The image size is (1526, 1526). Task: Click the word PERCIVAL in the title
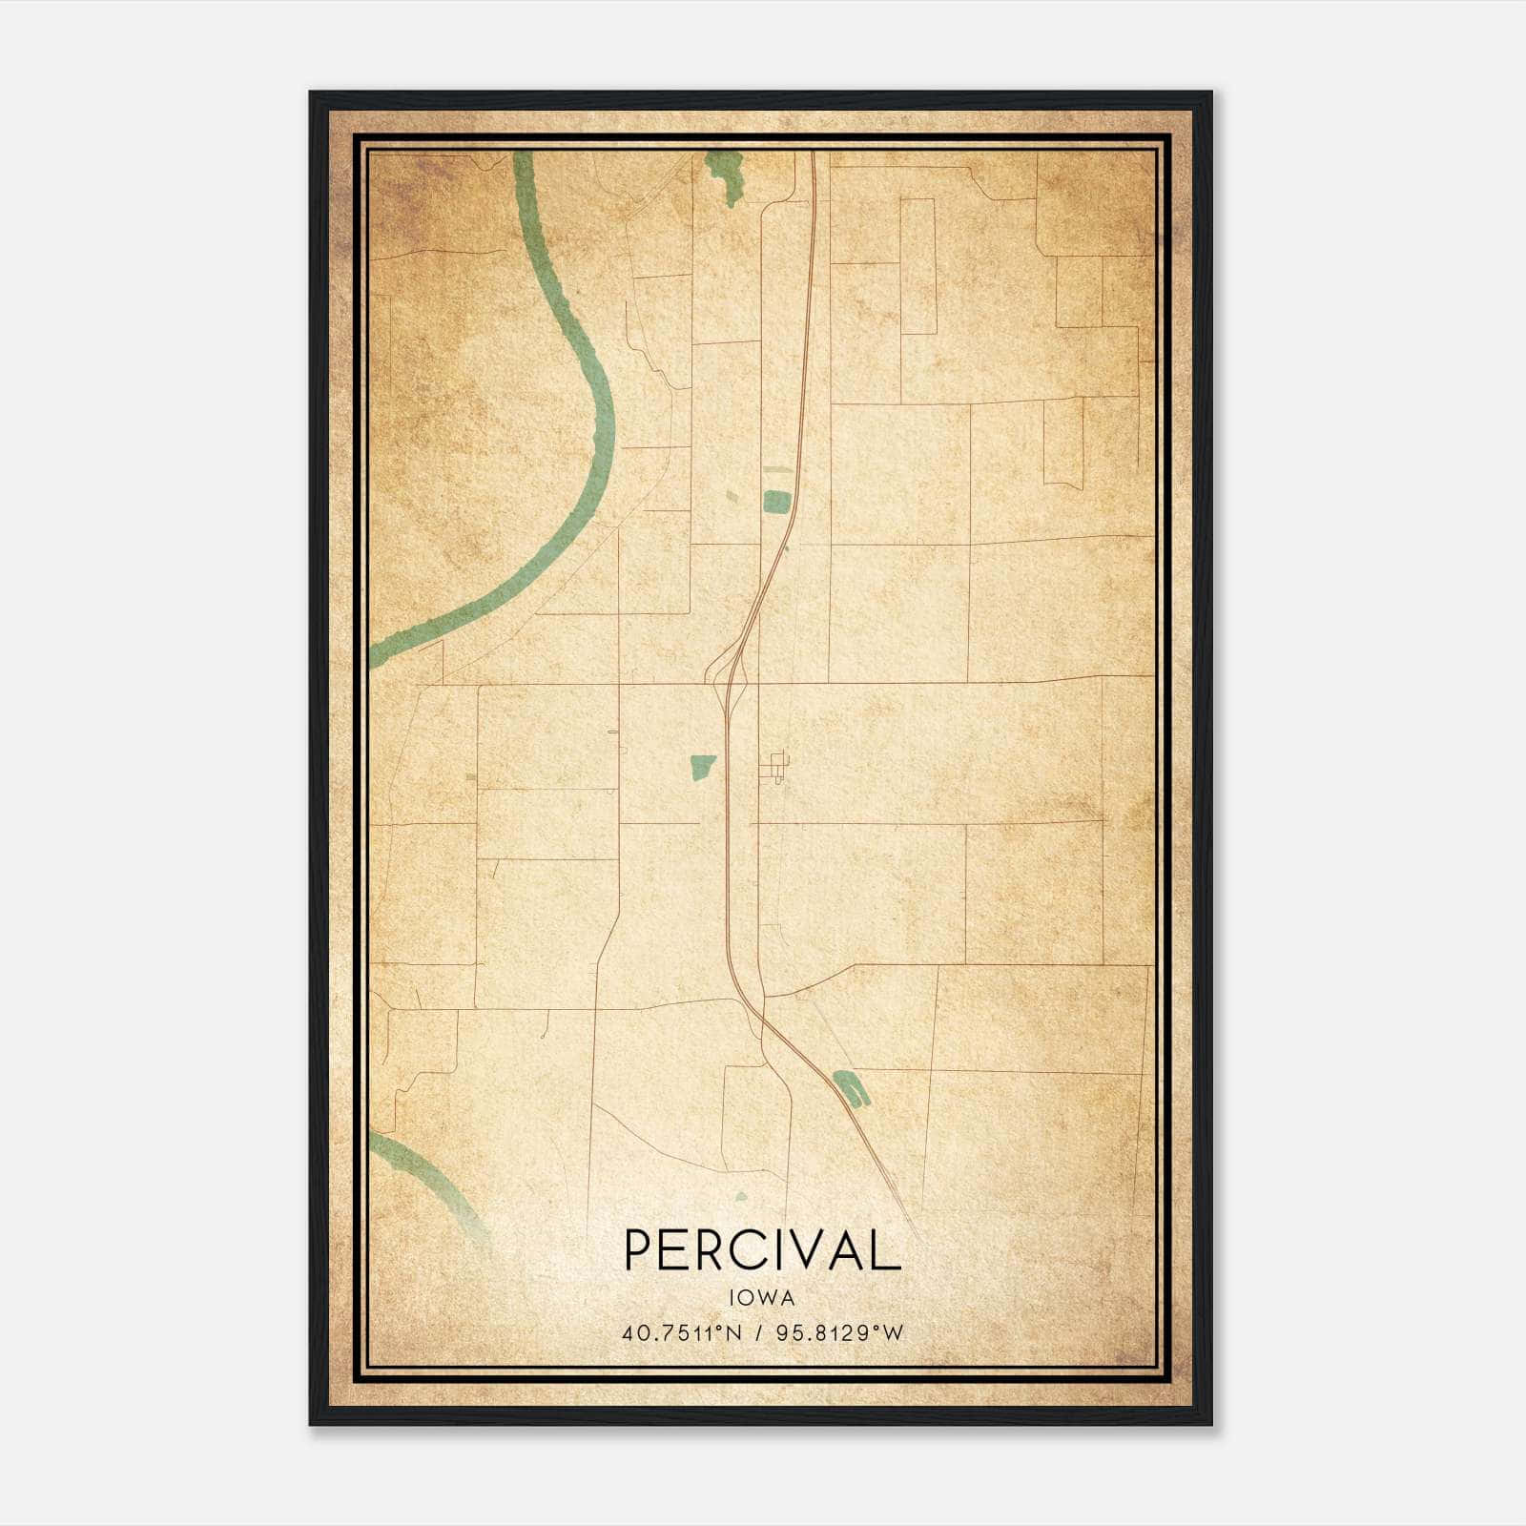click(x=762, y=1249)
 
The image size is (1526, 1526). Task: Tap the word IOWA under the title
click(x=762, y=1298)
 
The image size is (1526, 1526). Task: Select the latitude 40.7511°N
click(x=681, y=1332)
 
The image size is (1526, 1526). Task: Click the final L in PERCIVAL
click(x=887, y=1249)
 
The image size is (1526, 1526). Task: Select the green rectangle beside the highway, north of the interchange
click(x=776, y=502)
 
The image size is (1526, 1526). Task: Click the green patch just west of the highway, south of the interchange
click(x=703, y=766)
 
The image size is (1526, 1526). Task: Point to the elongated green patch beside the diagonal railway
click(x=851, y=1088)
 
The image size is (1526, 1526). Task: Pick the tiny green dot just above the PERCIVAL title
click(x=742, y=1196)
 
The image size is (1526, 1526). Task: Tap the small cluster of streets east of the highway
click(x=777, y=766)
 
